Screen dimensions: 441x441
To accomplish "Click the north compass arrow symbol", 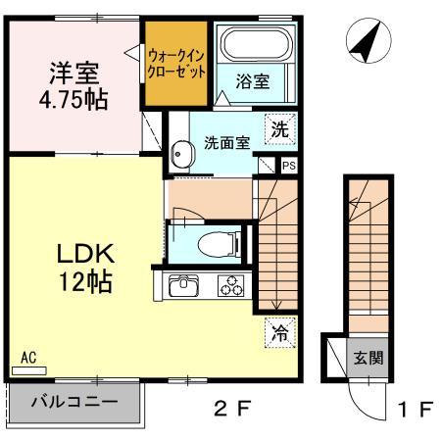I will point(366,41).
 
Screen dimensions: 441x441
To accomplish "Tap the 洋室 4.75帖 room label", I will point(73,86).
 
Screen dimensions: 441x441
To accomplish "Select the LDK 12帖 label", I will point(82,268).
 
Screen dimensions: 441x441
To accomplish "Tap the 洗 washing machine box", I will point(280,127).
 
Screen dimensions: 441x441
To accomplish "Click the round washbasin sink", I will point(180,154).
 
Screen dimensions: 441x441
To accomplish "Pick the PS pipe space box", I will point(288,166).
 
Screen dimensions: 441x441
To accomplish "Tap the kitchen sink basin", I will point(183,288).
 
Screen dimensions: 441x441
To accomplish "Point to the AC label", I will point(28,360).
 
